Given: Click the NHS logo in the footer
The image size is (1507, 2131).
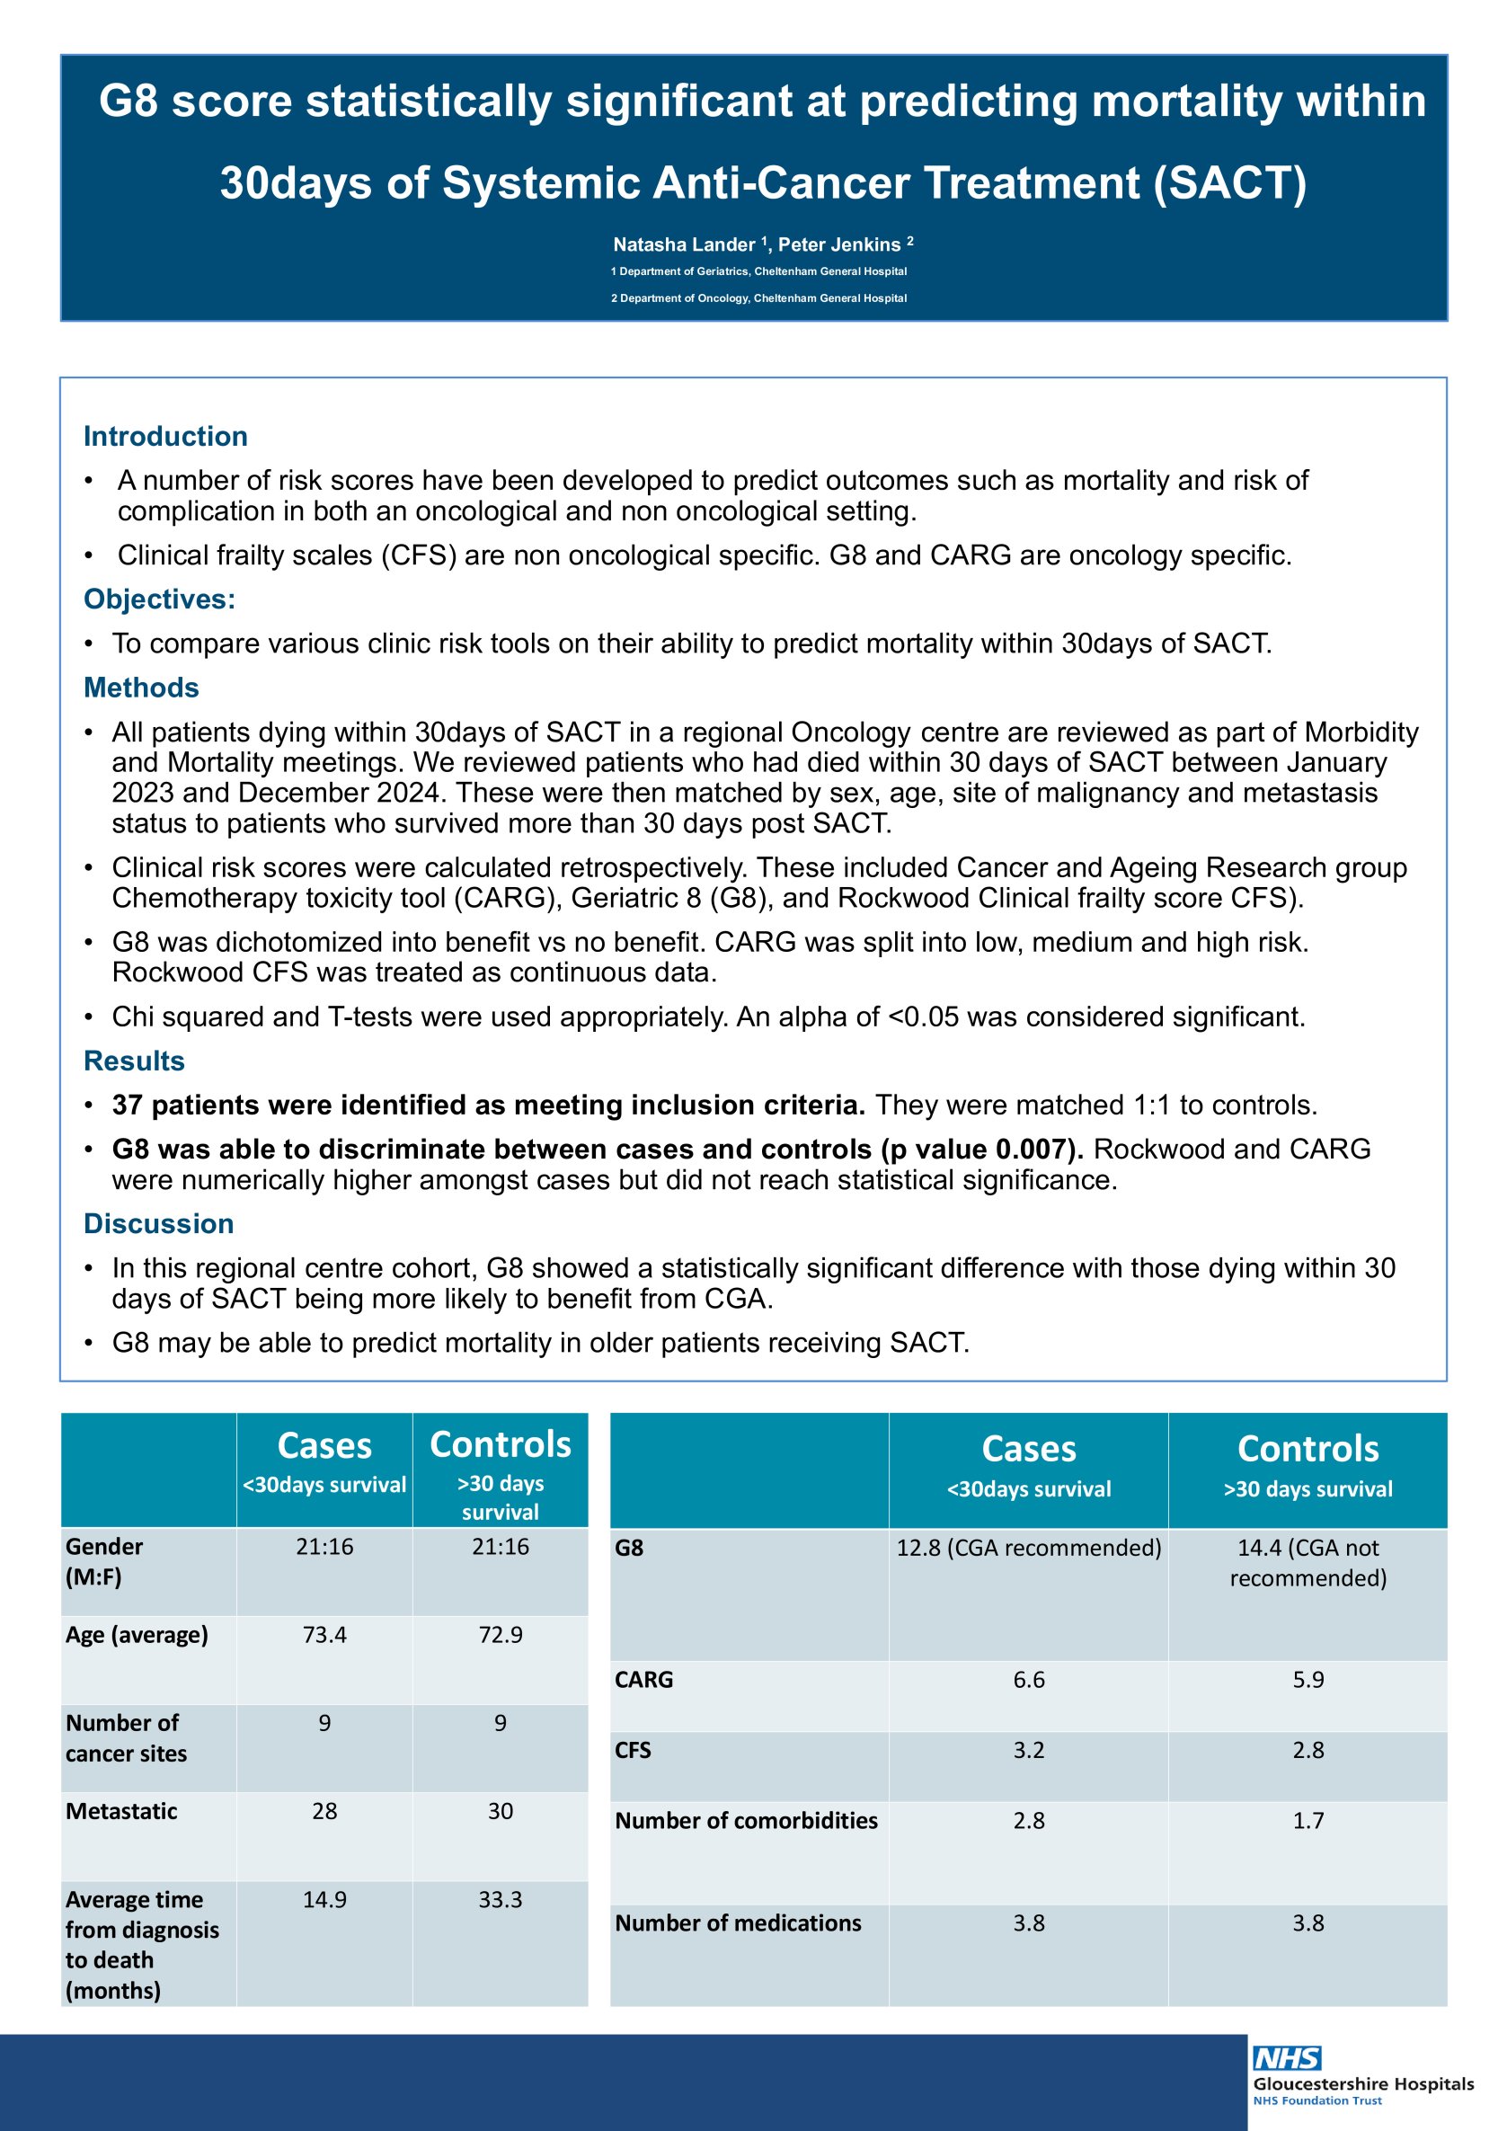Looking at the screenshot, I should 1286,2057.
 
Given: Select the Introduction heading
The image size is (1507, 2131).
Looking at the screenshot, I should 165,436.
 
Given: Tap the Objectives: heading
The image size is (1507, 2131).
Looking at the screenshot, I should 160,599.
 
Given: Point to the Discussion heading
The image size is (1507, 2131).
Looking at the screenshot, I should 159,1223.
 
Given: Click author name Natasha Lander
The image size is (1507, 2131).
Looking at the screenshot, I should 684,245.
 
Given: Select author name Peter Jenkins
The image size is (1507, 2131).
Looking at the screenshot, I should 839,245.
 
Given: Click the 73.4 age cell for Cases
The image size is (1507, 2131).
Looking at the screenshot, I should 324,1635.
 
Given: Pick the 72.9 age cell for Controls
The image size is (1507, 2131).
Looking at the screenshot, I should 501,1635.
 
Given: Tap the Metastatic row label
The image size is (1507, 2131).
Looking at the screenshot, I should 121,1811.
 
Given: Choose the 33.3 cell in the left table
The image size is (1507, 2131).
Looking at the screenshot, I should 501,1899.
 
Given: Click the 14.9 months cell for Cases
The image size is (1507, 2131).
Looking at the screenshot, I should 324,1899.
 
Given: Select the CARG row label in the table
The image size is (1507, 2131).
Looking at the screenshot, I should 644,1679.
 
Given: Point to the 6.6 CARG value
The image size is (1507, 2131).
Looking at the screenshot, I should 1028,1679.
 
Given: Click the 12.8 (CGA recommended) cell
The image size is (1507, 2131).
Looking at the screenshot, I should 1028,1547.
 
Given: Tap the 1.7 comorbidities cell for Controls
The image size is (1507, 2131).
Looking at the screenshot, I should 1308,1820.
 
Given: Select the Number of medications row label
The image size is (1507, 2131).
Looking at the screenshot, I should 738,1922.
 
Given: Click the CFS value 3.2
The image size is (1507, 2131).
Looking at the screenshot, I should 1028,1750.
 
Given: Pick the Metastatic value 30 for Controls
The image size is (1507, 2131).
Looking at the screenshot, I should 501,1811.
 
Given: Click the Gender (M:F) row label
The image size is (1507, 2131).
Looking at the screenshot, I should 104,1561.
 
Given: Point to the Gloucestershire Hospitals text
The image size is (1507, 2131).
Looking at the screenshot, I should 1363,2083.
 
